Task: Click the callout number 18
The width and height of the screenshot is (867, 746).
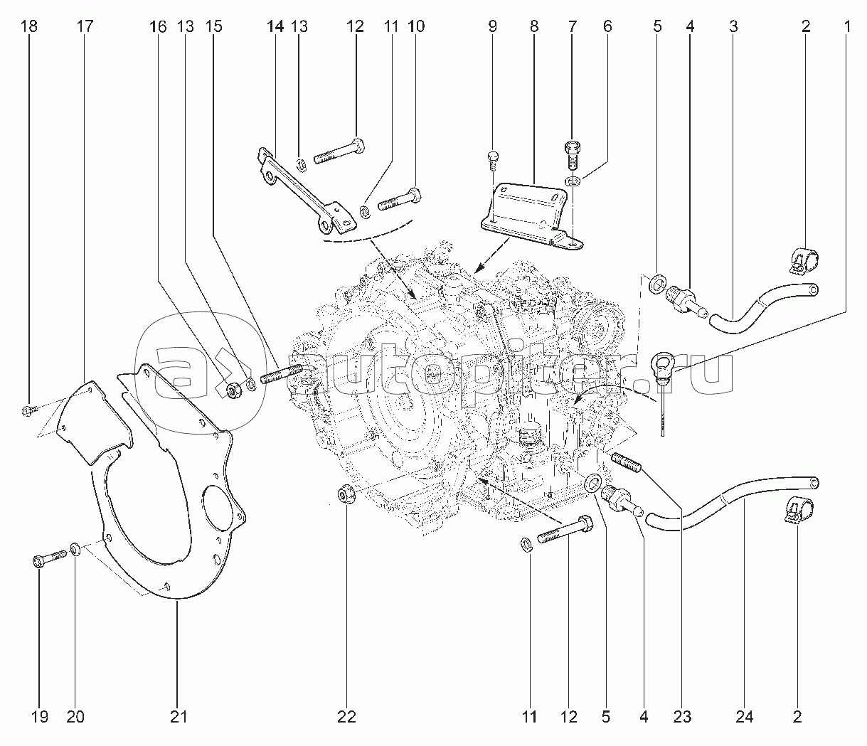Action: (x=29, y=27)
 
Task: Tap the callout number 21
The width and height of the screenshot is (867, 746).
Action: (x=179, y=717)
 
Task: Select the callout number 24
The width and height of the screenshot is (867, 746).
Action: (x=744, y=717)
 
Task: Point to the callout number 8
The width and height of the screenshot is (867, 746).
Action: (x=533, y=27)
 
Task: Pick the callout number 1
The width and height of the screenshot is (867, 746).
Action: (x=847, y=27)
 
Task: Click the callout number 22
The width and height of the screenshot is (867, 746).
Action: (x=346, y=717)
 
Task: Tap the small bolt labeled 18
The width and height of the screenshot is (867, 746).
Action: (x=28, y=410)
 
